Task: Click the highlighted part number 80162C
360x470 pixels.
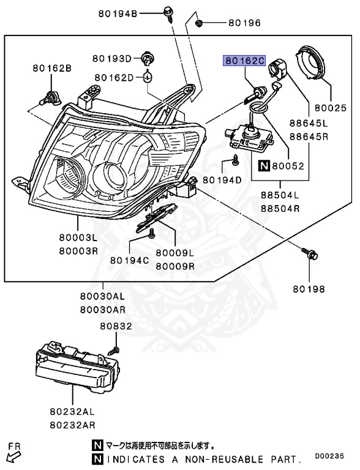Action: click(244, 61)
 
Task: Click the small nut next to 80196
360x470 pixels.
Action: click(200, 24)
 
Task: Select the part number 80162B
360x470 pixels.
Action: click(52, 69)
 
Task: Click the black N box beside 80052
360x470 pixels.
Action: click(264, 165)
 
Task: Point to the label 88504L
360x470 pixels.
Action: click(279, 196)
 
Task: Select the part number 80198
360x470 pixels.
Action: click(309, 288)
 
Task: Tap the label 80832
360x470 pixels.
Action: click(116, 327)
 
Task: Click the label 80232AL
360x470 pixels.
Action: click(74, 413)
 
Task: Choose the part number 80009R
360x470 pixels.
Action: click(174, 267)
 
